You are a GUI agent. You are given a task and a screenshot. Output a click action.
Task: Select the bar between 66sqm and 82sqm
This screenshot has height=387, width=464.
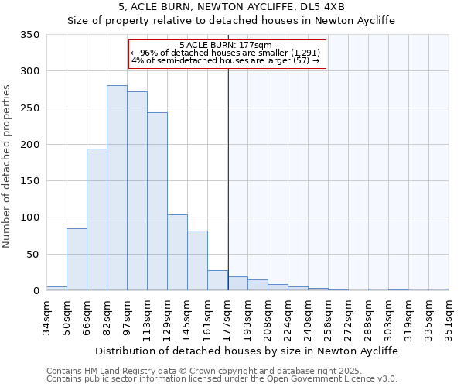tap(97, 220)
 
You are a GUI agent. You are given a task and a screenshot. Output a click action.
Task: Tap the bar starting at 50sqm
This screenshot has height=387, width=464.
tap(77, 259)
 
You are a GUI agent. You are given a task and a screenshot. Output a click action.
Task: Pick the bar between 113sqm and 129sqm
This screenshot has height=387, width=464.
tap(157, 201)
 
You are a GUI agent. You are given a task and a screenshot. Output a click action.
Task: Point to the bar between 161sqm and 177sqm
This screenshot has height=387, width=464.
tap(217, 280)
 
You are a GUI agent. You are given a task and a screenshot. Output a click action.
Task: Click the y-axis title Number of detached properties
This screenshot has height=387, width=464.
tap(8, 166)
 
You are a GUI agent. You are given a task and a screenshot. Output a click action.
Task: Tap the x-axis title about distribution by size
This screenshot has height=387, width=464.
tap(247, 351)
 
